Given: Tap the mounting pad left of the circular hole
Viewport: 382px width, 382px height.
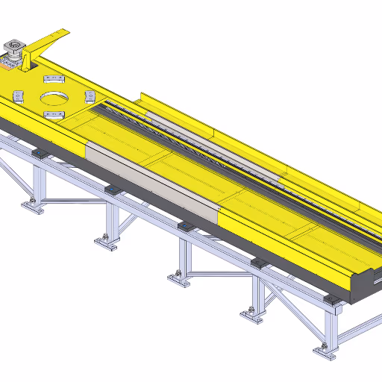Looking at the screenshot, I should (x=19, y=95).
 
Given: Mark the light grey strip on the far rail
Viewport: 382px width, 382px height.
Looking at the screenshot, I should (x=216, y=148).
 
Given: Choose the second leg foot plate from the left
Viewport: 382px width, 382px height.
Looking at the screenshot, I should (x=106, y=242).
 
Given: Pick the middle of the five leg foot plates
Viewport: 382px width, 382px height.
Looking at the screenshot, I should (x=178, y=279).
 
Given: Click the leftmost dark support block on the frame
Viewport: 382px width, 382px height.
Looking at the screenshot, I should (x=40, y=154).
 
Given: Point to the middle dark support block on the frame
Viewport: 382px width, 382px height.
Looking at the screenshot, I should (x=184, y=225).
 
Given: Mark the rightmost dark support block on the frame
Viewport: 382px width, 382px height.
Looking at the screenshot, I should (x=329, y=300).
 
